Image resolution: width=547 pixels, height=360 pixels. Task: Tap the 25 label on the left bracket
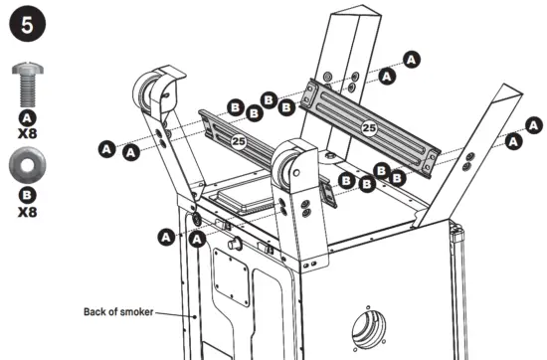pos(239,142)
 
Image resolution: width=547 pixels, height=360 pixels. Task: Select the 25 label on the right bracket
pos(369,127)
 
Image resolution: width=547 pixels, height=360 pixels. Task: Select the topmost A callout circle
pos(409,59)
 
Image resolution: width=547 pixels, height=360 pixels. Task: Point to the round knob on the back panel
pos(235,245)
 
